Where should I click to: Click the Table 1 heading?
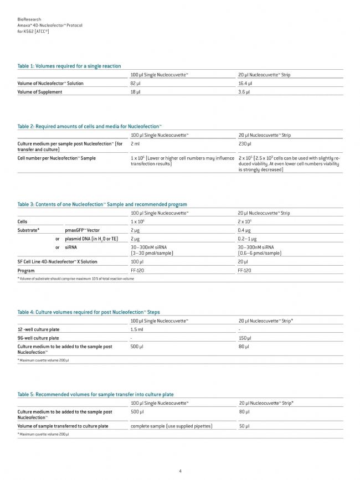coord(69,66)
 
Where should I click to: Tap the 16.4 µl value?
coord(245,83)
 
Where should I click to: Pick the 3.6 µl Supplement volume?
coord(244,92)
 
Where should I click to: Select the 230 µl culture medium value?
coord(244,144)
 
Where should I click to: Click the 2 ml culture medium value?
coord(135,144)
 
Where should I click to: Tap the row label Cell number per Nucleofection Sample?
coord(56,158)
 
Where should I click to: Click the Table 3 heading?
coord(102,204)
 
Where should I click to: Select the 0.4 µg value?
coord(244,229)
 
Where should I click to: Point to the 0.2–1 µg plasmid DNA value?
coord(247,238)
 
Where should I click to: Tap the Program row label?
coord(26,271)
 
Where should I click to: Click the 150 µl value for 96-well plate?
coord(245,338)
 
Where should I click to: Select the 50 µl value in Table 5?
coord(244,426)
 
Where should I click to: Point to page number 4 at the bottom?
coord(180,471)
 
